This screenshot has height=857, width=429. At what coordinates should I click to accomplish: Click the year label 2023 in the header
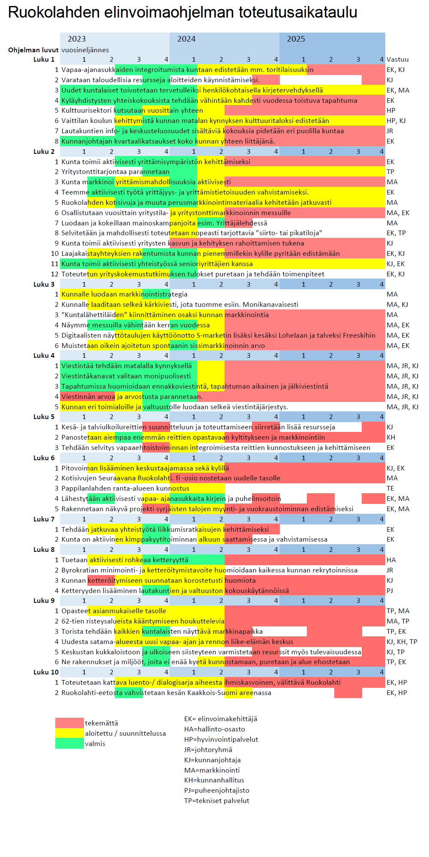[x=77, y=39]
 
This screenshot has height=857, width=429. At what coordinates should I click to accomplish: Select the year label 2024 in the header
[x=186, y=39]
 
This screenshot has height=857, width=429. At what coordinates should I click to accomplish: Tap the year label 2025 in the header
[x=296, y=39]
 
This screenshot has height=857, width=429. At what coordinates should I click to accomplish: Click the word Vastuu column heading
[x=398, y=60]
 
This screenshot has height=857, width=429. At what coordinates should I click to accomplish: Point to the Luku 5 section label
[x=44, y=417]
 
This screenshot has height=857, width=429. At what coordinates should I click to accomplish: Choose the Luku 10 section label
[x=44, y=672]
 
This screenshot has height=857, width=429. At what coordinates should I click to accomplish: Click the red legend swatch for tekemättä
[x=69, y=723]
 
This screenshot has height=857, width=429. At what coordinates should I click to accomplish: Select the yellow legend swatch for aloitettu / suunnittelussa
[x=69, y=733]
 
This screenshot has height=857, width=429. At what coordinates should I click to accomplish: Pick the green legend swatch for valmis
[x=69, y=743]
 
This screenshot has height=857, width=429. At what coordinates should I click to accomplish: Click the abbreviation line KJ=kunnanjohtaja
[x=213, y=760]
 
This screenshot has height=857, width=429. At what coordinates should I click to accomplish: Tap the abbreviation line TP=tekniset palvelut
[x=217, y=800]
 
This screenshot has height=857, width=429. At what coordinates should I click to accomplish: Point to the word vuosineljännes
[x=85, y=50]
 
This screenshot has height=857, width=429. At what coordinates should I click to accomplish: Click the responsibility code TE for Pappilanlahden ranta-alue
[x=390, y=488]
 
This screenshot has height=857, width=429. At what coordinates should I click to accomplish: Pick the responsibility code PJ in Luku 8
[x=390, y=591]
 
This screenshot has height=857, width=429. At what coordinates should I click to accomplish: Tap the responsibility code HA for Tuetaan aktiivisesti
[x=391, y=560]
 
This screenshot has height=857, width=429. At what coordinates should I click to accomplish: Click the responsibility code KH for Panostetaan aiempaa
[x=391, y=437]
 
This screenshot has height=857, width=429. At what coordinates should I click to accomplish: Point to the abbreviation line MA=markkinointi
[x=212, y=770]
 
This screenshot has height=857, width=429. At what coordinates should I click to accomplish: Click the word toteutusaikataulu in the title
[x=298, y=12]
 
